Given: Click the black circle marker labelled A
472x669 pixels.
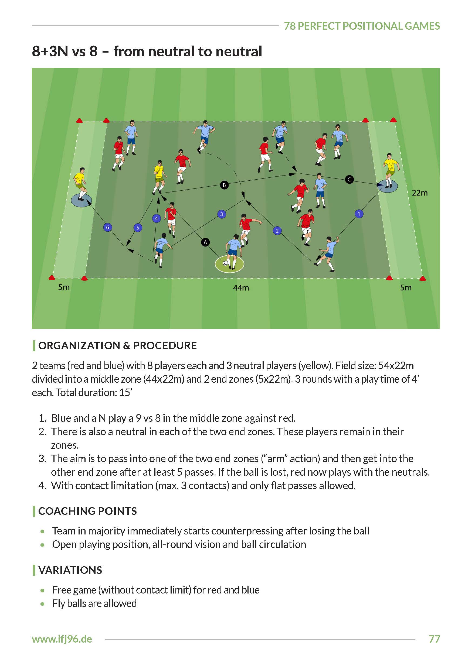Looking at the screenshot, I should [205, 242].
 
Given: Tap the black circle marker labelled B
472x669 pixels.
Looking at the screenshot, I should [224, 185].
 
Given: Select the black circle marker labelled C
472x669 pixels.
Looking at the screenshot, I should [349, 180].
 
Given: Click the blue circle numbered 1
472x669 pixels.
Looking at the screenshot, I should [359, 214].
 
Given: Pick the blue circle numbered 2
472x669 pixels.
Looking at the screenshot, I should [277, 231].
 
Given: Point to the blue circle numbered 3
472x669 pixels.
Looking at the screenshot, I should [222, 214].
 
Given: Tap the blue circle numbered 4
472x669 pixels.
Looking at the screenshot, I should [156, 218].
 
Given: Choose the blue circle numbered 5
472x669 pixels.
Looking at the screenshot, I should [138, 228].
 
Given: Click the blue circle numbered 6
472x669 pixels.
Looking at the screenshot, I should [108, 227].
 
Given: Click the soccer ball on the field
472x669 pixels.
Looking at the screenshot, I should [225, 263].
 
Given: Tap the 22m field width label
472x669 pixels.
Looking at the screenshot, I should [420, 193].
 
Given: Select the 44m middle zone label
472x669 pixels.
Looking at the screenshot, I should [241, 288].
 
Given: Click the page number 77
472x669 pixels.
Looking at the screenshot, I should [434, 639].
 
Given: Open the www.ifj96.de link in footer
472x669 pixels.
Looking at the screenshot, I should [62, 639].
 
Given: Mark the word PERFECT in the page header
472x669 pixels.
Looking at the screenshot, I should [319, 26].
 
